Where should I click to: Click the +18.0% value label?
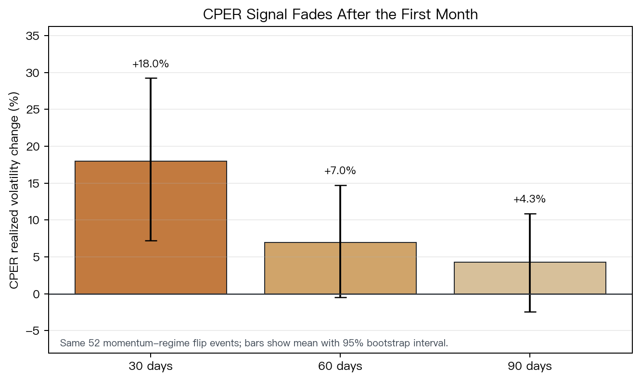(151, 64)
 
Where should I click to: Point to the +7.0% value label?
(340, 171)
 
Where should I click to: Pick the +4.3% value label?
(529, 199)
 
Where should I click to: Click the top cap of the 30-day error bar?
(151, 78)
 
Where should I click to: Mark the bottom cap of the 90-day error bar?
(530, 312)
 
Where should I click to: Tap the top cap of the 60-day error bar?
(340, 185)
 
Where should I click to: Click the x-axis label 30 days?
(151, 366)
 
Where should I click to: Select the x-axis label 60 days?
(340, 366)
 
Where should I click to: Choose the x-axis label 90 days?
(530, 366)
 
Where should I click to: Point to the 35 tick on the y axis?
(33, 36)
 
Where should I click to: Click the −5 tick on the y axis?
(33, 331)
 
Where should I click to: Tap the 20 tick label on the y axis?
(33, 146)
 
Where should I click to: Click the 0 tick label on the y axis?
(37, 294)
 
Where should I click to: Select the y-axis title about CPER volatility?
(14, 190)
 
